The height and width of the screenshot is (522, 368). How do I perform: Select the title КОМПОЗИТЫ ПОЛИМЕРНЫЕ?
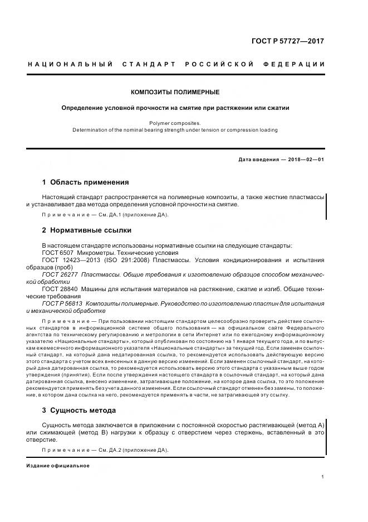pyautogui.click(x=175, y=92)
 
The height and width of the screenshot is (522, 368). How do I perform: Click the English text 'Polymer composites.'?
pyautogui.click(x=175, y=123)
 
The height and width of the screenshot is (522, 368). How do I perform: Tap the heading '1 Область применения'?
pyautogui.click(x=86, y=182)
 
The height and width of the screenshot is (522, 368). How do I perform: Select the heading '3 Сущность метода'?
pyautogui.click(x=79, y=410)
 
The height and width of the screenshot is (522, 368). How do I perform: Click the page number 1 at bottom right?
pyautogui.click(x=323, y=476)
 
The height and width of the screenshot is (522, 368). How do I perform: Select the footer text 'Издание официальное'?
pyautogui.click(x=58, y=465)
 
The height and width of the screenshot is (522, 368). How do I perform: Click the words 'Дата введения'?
pyautogui.click(x=258, y=159)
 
